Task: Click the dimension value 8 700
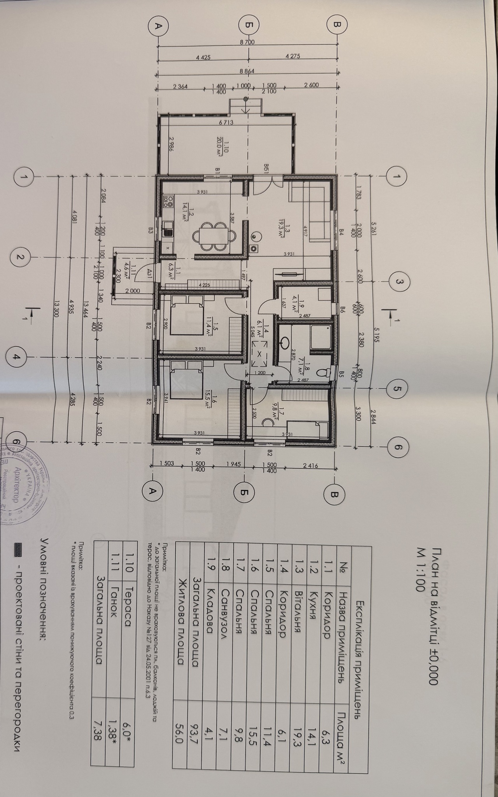(247, 42)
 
